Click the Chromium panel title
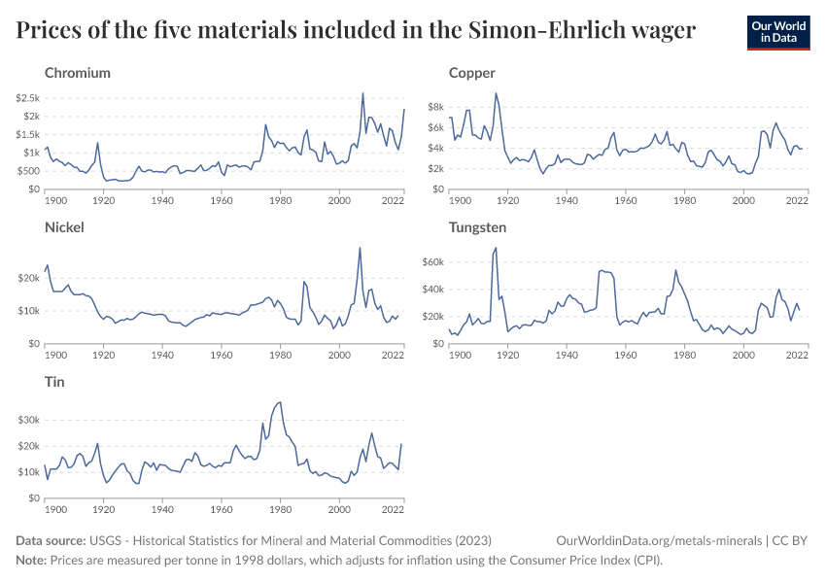click(78, 73)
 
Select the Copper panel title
click(472, 73)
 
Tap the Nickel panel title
click(64, 227)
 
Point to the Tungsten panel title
click(478, 227)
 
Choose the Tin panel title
click(55, 382)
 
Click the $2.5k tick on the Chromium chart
click(27, 98)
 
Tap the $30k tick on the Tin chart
click(27, 420)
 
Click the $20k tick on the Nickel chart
click(27, 278)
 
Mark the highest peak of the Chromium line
click(362, 93)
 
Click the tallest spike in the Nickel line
click(361, 248)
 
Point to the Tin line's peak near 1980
click(281, 401)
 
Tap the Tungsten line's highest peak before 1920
click(496, 248)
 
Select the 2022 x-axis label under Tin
click(393, 508)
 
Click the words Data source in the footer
click(51, 540)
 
